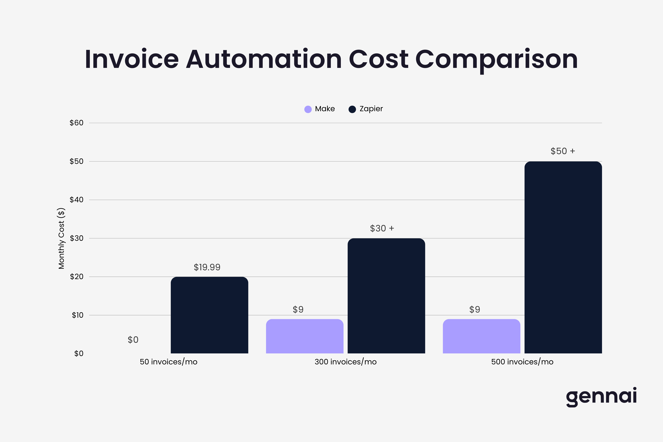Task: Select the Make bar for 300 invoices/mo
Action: pyautogui.click(x=305, y=336)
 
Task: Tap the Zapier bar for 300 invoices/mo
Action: pyautogui.click(x=386, y=296)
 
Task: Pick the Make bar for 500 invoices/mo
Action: pyautogui.click(x=481, y=336)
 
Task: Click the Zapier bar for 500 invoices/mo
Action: pyautogui.click(x=563, y=257)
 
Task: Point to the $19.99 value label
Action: pyautogui.click(x=207, y=267)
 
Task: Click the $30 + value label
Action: pyautogui.click(x=382, y=228)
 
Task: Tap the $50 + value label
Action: pyautogui.click(x=563, y=151)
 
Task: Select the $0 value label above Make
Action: pyautogui.click(x=133, y=340)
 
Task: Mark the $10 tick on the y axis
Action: pyautogui.click(x=77, y=315)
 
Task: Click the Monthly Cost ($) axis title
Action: pyautogui.click(x=62, y=239)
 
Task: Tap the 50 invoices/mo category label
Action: pyautogui.click(x=168, y=362)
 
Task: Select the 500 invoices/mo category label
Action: pyautogui.click(x=522, y=362)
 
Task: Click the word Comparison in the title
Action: pyautogui.click(x=496, y=60)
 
